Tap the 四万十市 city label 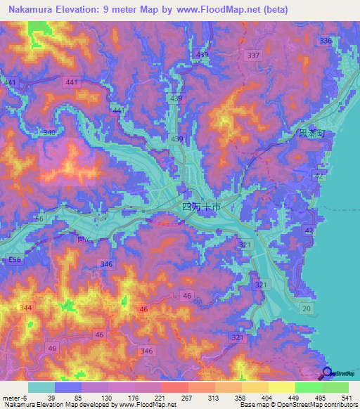(x=201, y=208)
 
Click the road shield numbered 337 (x=254, y=55)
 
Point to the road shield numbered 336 (x=326, y=41)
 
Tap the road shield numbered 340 (x=50, y=132)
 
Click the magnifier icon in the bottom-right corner (x=327, y=374)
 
